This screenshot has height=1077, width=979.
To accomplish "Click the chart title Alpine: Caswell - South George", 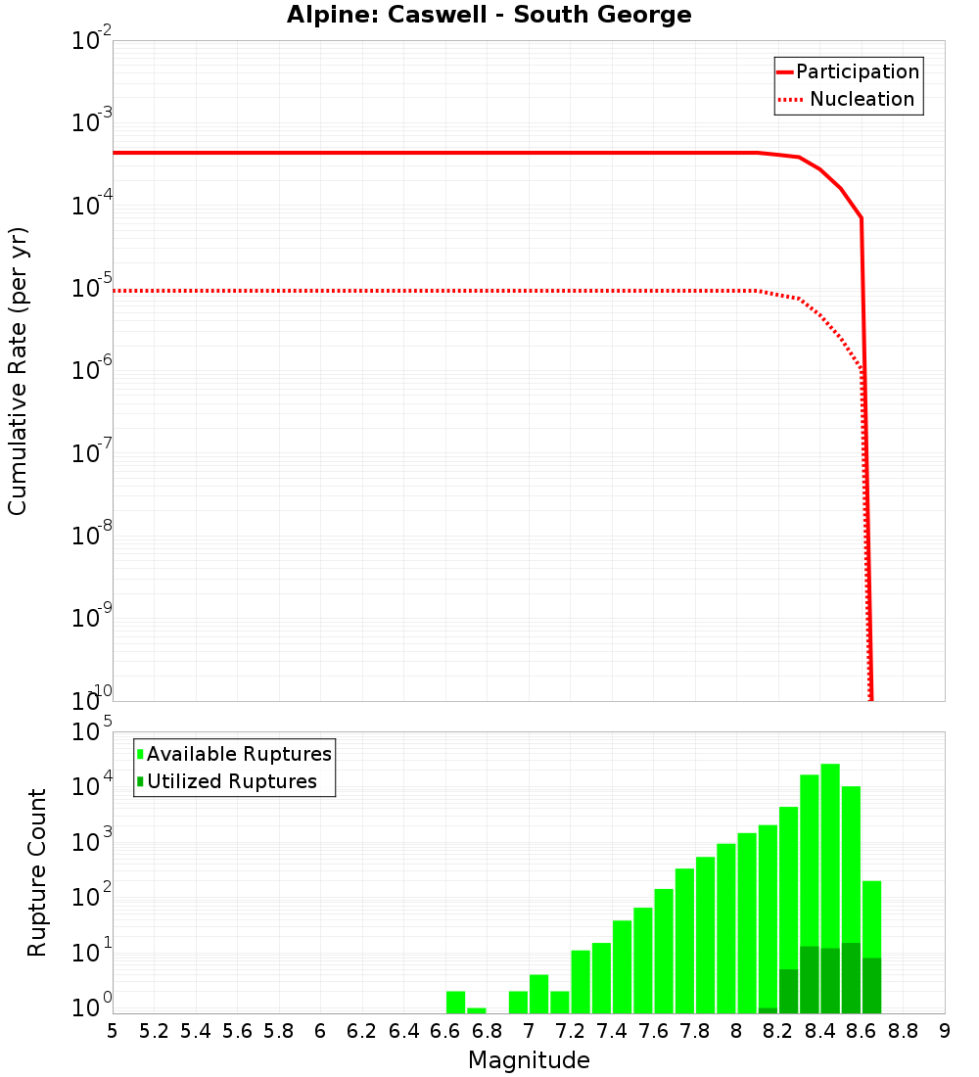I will point(489,16).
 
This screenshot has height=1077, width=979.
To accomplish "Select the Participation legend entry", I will point(858,72).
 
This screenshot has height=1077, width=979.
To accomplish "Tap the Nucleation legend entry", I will point(862,100).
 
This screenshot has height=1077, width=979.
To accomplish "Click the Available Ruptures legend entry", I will point(239,754).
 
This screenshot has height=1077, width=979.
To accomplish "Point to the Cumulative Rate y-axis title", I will point(18,370).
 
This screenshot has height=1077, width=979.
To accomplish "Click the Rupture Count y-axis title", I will point(37,871).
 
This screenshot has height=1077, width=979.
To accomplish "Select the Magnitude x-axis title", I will point(529,1060).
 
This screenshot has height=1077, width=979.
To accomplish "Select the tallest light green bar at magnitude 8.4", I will point(830,852).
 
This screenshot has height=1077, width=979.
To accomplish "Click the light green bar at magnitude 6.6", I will point(455,1003).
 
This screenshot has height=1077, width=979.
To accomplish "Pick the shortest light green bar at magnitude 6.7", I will point(477,1010).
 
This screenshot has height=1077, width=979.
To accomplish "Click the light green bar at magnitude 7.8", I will point(705,935).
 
